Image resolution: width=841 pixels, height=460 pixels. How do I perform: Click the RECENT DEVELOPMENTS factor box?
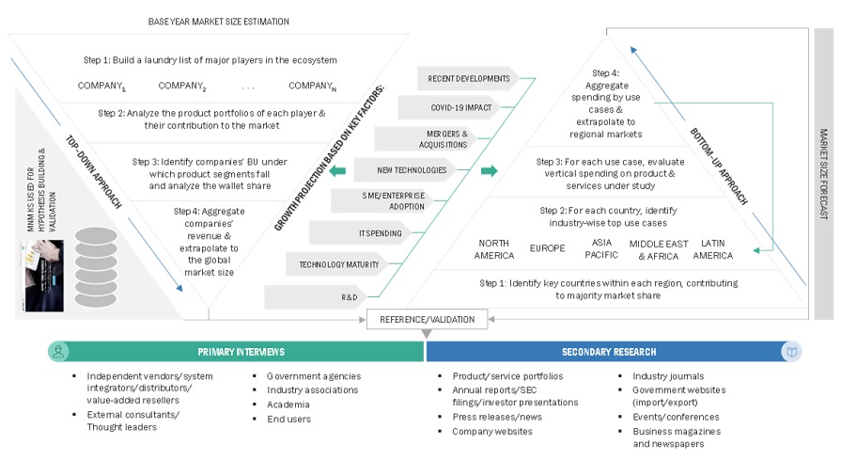click(x=468, y=79)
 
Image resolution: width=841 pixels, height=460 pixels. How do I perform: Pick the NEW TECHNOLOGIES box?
click(x=400, y=170)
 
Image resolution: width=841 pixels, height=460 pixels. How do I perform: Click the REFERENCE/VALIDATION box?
click(x=427, y=319)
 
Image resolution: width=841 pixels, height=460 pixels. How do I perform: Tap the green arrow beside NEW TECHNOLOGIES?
click(x=489, y=170)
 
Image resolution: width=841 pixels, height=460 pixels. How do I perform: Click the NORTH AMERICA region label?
click(x=494, y=250)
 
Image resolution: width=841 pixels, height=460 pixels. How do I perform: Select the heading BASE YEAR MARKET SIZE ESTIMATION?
click(x=218, y=22)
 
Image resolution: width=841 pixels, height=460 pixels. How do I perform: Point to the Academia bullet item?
click(x=288, y=404)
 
